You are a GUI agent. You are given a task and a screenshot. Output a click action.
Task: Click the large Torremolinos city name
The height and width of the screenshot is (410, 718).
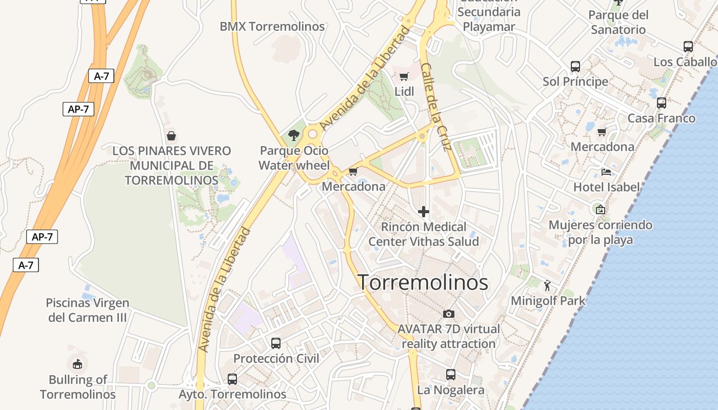(423, 282)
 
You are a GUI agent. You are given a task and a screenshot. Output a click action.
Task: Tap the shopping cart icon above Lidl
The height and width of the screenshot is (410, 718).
(404, 77)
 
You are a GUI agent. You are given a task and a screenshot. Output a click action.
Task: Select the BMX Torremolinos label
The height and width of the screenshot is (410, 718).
(272, 27)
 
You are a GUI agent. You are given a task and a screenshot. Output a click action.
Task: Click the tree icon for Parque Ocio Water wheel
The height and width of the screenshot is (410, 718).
(293, 135)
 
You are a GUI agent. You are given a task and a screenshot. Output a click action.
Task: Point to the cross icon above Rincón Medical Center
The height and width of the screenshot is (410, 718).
(424, 211)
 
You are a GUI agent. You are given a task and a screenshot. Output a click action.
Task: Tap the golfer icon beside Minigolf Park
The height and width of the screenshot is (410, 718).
(548, 284)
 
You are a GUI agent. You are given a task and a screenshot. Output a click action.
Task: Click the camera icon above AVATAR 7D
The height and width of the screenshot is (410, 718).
(449, 314)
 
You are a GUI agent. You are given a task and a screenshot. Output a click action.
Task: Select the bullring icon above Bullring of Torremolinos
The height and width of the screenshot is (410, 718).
(77, 364)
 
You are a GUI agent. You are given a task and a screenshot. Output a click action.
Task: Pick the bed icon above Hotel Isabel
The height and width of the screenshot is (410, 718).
(606, 172)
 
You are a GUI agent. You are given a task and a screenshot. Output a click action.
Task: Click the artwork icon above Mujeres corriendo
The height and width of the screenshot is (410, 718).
(600, 209)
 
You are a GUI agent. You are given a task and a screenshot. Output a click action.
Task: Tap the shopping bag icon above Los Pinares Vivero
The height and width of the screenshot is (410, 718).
(171, 136)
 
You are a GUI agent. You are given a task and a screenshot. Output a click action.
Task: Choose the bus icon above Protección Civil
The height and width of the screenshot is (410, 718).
(276, 343)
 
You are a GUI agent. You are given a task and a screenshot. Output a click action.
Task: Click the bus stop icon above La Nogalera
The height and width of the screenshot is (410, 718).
(450, 375)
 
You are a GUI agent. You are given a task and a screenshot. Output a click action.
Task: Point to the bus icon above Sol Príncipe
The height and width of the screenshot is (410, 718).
(575, 67)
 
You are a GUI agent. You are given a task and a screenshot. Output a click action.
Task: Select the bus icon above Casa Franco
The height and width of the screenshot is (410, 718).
(662, 103)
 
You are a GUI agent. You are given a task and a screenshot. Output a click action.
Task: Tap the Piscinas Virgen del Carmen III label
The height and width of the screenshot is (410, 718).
(87, 310)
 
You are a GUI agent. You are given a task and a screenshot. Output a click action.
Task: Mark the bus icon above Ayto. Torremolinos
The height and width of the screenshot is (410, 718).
(232, 379)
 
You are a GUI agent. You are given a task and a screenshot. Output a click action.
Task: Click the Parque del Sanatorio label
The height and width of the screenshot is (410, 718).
(618, 22)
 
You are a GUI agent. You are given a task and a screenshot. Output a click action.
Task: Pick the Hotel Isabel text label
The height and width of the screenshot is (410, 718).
(607, 187)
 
